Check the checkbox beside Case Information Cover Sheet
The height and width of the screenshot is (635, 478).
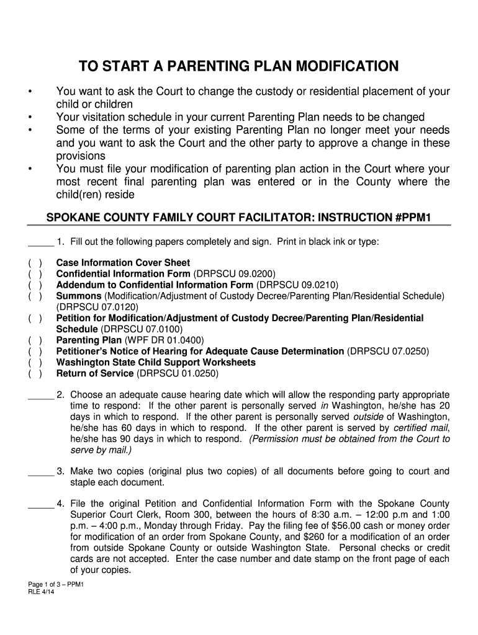click(x=35, y=263)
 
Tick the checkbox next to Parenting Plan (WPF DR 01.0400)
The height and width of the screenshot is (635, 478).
click(x=35, y=340)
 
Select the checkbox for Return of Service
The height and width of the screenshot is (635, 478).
click(x=35, y=374)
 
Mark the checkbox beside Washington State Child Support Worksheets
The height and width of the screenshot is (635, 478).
click(x=35, y=363)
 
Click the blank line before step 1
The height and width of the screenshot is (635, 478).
click(x=41, y=241)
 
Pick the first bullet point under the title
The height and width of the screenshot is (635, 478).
click(x=29, y=92)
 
